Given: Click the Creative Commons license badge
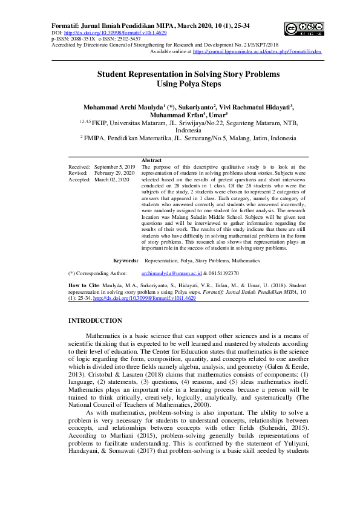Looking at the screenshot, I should (303, 28).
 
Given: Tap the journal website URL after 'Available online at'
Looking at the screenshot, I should (257, 51).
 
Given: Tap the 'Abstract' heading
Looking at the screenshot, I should (151, 160).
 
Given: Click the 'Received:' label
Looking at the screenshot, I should (79, 166).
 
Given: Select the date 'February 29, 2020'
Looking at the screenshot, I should (114, 172).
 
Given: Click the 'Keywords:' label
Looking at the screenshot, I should (126, 261).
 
